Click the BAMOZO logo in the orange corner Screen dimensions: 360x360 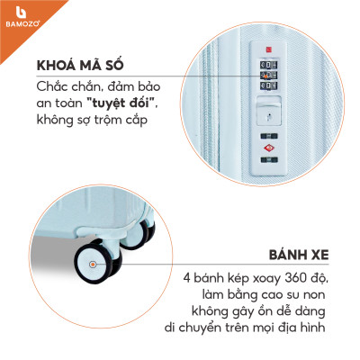pyautogui.click(x=22, y=17)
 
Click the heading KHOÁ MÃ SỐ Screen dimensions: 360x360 pyautogui.click(x=80, y=66)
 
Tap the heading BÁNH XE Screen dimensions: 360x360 pyautogui.click(x=299, y=255)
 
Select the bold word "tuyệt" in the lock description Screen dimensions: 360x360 pyautogui.click(x=108, y=103)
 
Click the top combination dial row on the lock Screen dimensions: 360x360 pyautogui.click(x=268, y=65)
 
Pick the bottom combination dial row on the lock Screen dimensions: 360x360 pyautogui.click(x=268, y=85)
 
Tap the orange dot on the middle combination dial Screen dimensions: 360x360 pyautogui.click(x=265, y=76)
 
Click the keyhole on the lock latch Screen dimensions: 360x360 pyautogui.click(x=269, y=116)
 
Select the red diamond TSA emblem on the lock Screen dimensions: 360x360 pyautogui.click(x=269, y=148)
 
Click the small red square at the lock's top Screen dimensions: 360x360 pyautogui.click(x=268, y=49)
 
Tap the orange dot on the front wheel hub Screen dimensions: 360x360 pyautogui.click(x=93, y=265)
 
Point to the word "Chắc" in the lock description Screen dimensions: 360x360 pyautogui.click(x=49, y=87)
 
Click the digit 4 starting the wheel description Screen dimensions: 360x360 pyautogui.click(x=187, y=278)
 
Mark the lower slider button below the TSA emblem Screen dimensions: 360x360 pyautogui.click(x=269, y=160)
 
